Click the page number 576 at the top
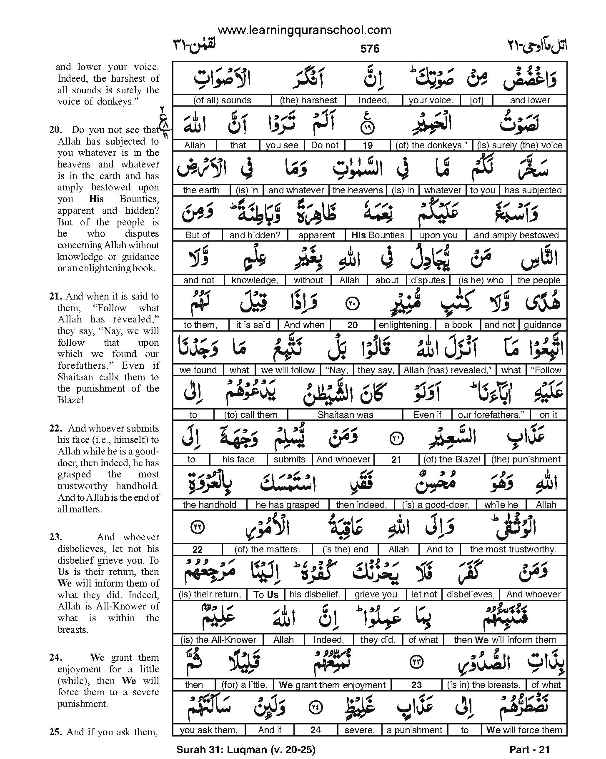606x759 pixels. pyautogui.click(x=370, y=49)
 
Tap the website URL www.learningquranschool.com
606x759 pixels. pyautogui.click(x=304, y=30)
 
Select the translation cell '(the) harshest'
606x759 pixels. pyautogui.click(x=308, y=100)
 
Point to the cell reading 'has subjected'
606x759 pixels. pyautogui.click(x=533, y=190)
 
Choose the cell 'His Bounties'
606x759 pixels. pyautogui.click(x=378, y=235)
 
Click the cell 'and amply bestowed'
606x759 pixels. pyautogui.click(x=516, y=235)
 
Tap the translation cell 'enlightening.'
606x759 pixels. pyautogui.click(x=404, y=325)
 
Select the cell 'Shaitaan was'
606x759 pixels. pyautogui.click(x=345, y=415)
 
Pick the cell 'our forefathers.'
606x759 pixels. pyautogui.click(x=491, y=415)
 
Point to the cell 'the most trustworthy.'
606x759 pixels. pyautogui.click(x=513, y=549)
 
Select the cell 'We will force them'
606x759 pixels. pyautogui.click(x=524, y=730)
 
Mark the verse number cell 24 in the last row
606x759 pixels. pyautogui.click(x=316, y=730)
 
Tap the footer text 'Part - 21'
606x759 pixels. pyautogui.click(x=529, y=750)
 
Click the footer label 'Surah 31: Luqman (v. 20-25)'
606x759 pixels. pyautogui.click(x=245, y=750)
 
